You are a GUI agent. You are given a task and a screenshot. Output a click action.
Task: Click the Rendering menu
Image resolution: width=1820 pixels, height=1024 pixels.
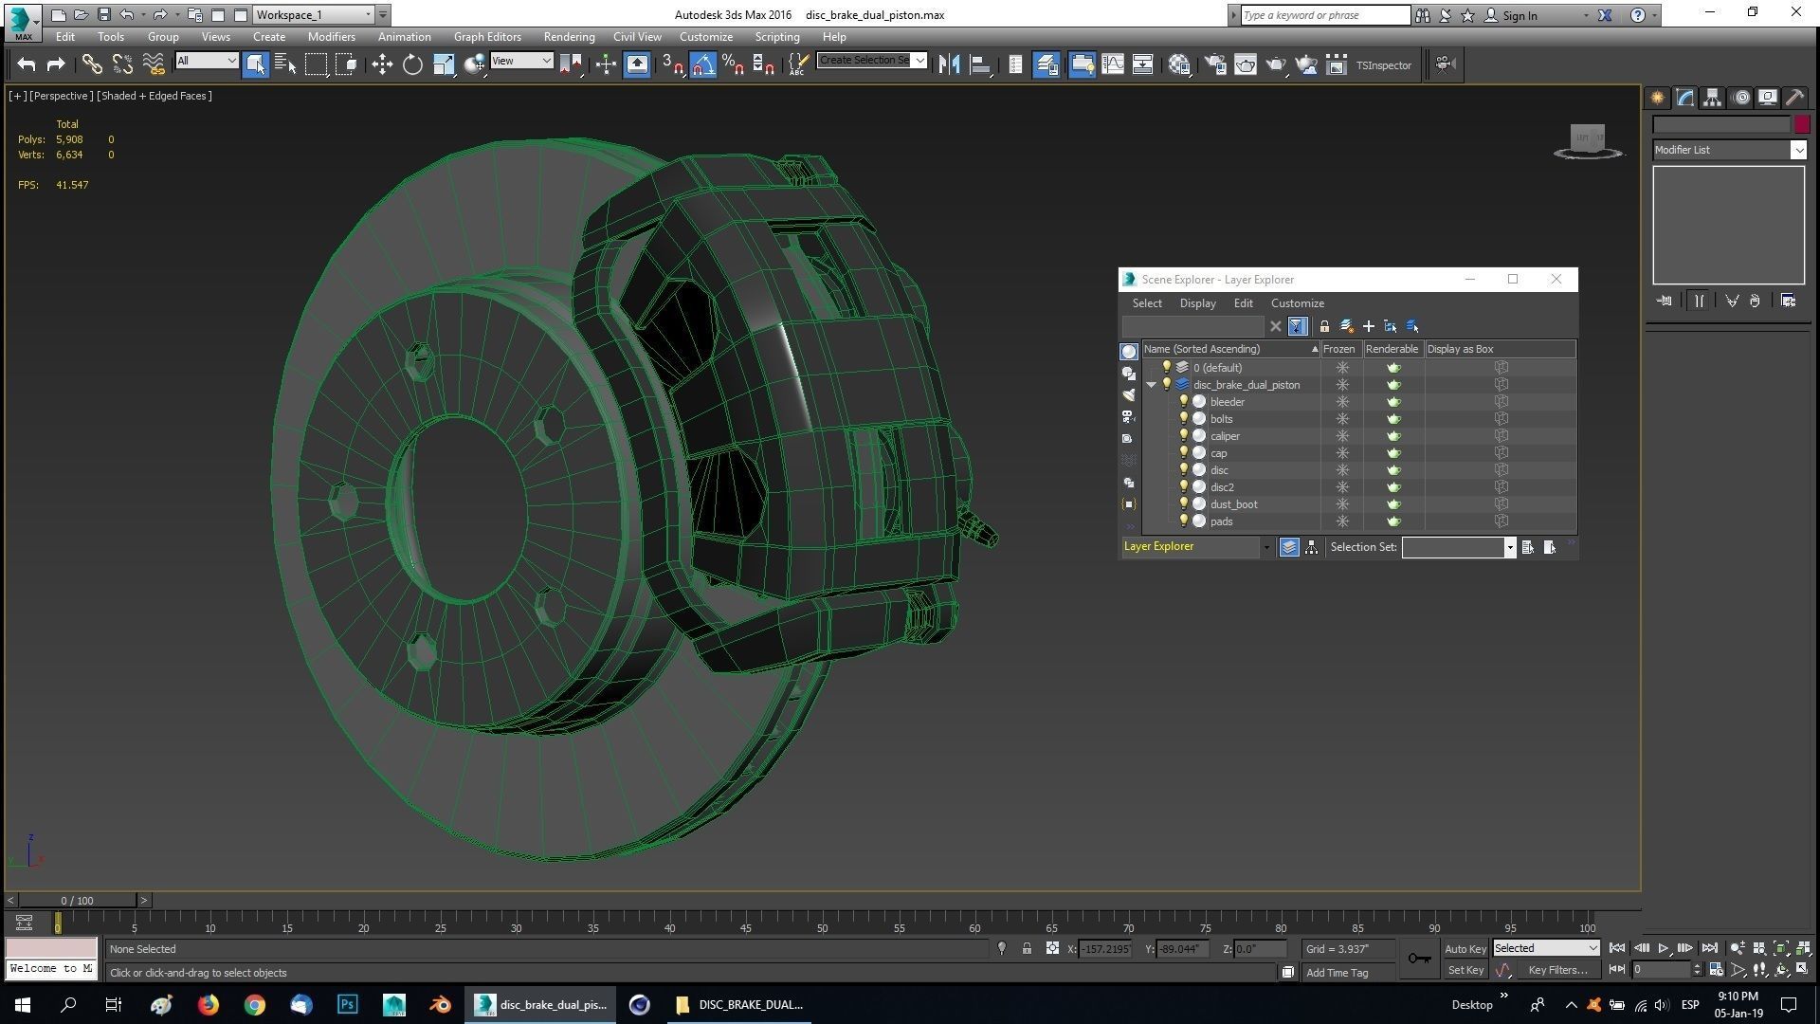pos(569,37)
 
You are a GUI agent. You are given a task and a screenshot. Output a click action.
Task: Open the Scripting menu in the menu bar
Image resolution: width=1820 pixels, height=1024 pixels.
pos(776,37)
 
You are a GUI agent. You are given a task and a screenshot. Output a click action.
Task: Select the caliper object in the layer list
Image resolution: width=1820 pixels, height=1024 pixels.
pos(1225,436)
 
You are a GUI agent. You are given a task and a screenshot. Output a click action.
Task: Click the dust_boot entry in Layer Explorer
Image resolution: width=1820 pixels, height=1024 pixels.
pos(1233,504)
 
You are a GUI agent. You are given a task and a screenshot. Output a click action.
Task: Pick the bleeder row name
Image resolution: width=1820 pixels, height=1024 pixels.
pos(1227,402)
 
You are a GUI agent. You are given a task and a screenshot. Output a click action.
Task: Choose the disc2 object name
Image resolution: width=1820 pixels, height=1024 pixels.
pos(1222,487)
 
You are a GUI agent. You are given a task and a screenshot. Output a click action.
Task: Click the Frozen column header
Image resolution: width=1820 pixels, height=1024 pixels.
pos(1338,349)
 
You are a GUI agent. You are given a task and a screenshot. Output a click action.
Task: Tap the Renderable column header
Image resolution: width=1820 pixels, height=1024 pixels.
pos(1392,349)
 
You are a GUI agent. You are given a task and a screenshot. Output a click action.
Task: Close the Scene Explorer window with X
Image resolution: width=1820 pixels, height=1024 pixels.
pos(1556,279)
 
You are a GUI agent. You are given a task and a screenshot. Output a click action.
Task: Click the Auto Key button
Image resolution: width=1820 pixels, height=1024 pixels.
pos(1465,949)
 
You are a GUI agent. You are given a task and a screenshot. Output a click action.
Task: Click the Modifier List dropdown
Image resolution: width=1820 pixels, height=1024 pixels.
pos(1728,150)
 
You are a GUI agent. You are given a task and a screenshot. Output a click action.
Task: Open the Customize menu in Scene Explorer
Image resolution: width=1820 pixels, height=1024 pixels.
pos(1297,303)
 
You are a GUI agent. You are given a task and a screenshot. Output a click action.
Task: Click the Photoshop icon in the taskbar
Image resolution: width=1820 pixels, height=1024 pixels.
pos(347,1004)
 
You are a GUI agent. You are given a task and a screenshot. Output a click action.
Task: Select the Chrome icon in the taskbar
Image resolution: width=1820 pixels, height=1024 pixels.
pos(254,1004)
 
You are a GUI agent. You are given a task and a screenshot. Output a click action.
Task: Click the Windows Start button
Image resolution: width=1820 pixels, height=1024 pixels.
pos(23,1004)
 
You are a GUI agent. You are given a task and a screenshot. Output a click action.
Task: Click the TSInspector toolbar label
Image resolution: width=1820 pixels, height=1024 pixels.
pos(1383,65)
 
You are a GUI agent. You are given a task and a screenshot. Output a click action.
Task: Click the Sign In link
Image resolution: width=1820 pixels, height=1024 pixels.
pos(1519,15)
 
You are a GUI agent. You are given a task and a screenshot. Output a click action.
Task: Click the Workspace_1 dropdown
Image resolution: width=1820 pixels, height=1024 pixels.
pos(313,15)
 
